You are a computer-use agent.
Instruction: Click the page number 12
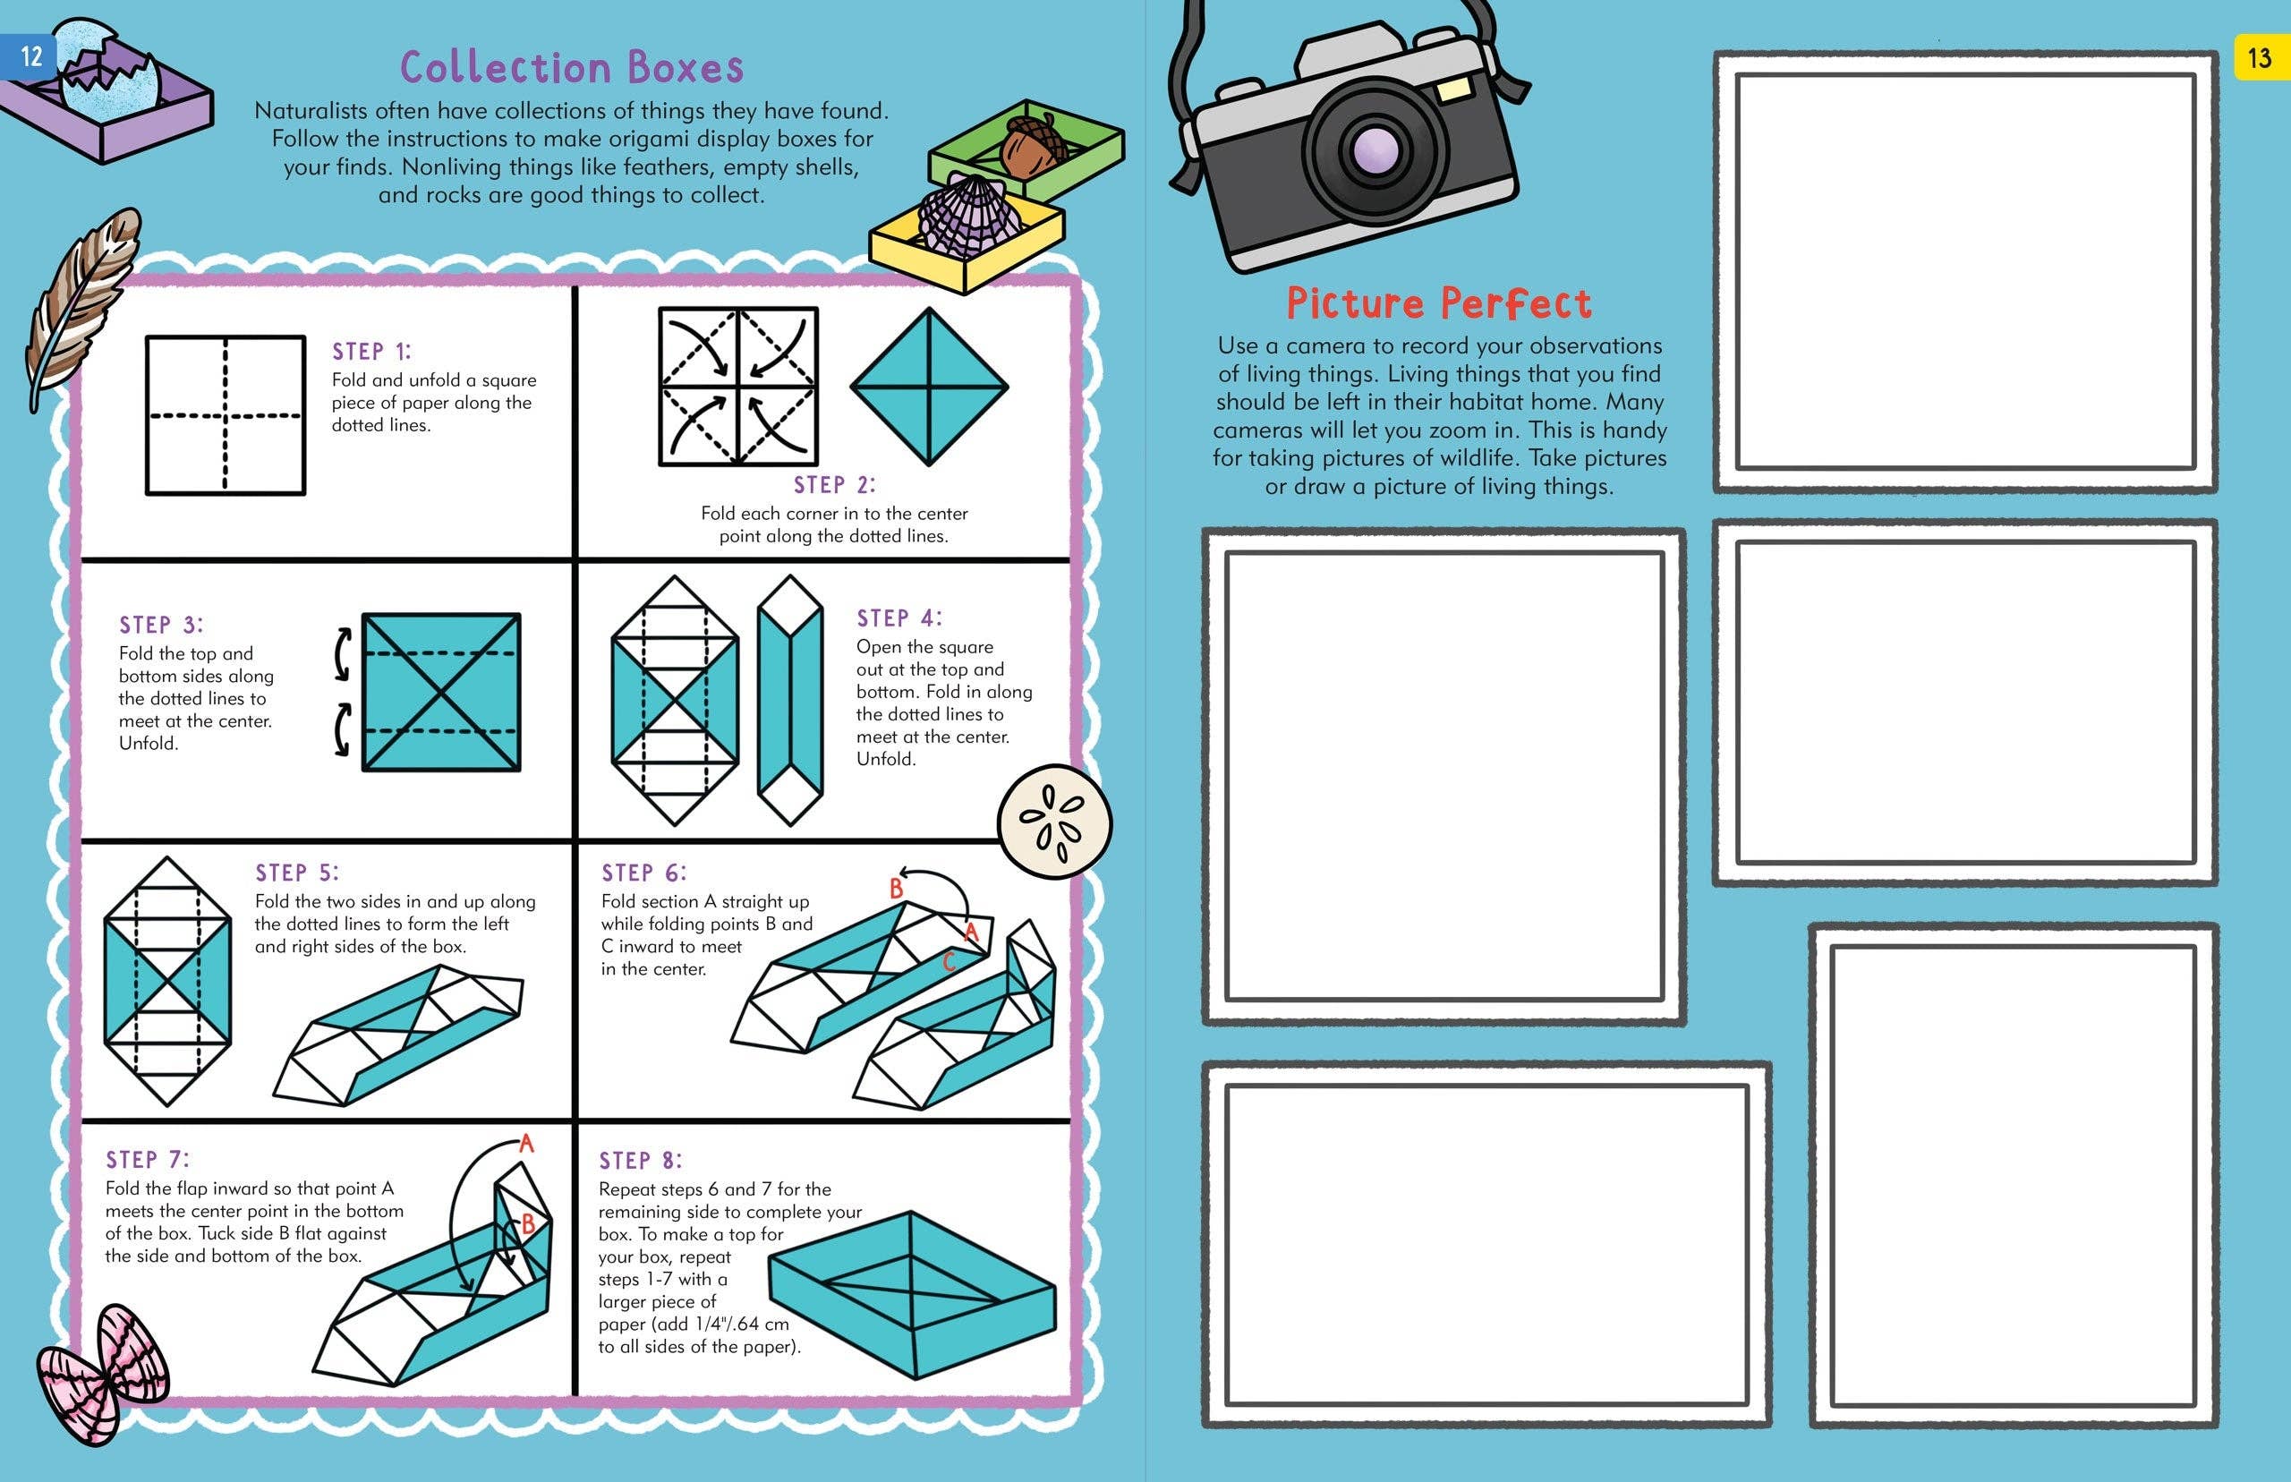click(x=30, y=55)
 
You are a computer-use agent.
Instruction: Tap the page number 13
click(x=2258, y=58)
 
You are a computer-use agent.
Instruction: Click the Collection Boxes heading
click(x=572, y=67)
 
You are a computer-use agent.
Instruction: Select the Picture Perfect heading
click(x=1438, y=303)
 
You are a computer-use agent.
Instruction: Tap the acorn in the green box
click(x=1033, y=145)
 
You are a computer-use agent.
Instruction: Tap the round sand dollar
click(x=1054, y=822)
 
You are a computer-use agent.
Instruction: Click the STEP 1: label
click(x=371, y=351)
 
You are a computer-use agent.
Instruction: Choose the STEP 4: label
click(x=899, y=617)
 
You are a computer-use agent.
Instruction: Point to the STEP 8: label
click(x=640, y=1161)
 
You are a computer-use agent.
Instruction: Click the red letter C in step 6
click(x=949, y=960)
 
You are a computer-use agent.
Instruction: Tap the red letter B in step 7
click(x=527, y=1225)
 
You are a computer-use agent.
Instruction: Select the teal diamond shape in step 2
click(x=929, y=387)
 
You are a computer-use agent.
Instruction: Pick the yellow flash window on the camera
click(x=1455, y=89)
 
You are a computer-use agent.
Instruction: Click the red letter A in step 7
click(x=526, y=1143)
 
